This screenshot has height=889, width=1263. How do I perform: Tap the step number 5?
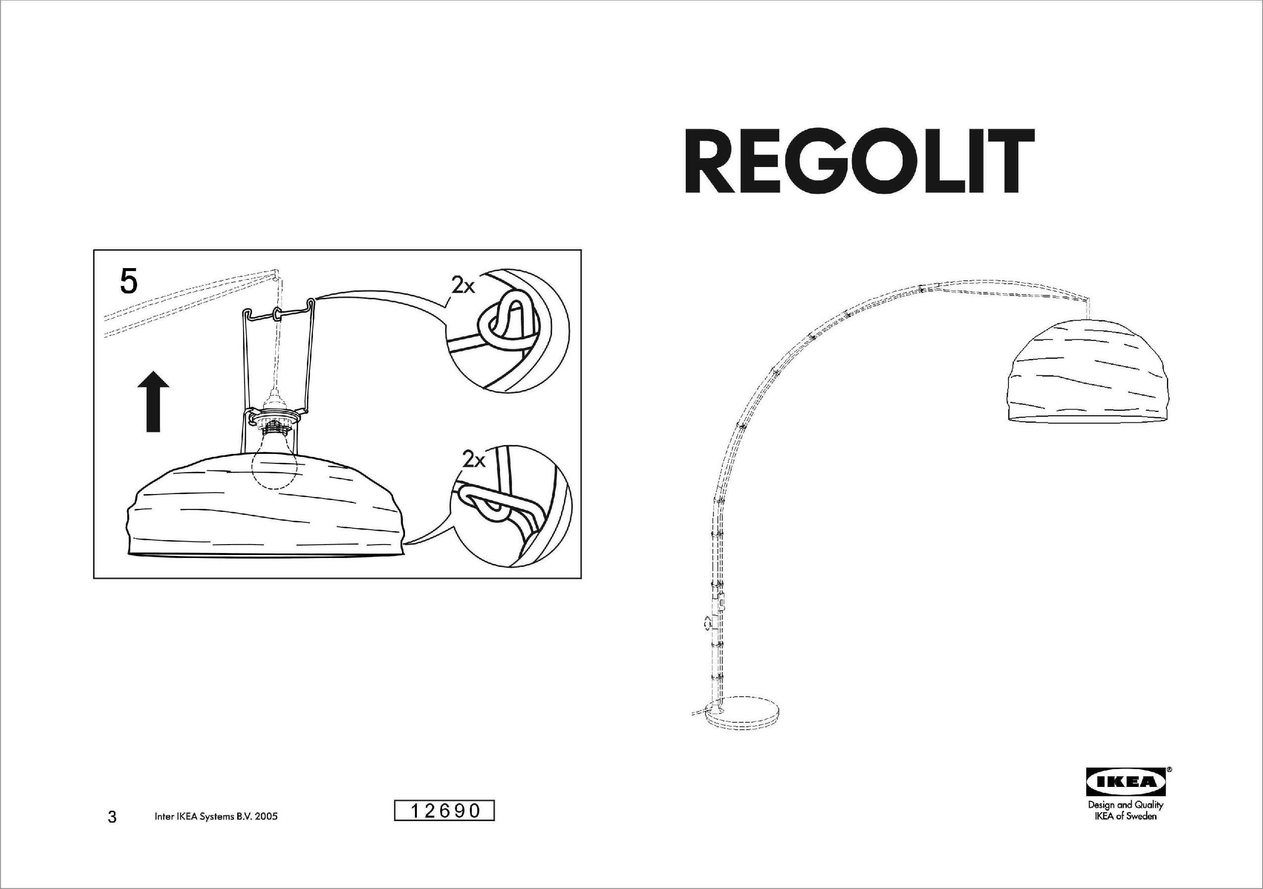click(128, 282)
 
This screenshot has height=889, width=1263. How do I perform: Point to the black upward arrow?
click(153, 401)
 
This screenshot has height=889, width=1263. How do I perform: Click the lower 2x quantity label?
click(474, 458)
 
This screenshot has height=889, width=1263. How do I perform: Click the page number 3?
click(112, 817)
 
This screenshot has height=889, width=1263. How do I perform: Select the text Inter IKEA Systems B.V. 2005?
click(216, 816)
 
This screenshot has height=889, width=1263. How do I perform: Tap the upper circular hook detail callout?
click(507, 331)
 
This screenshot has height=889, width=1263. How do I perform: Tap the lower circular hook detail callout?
click(511, 507)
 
